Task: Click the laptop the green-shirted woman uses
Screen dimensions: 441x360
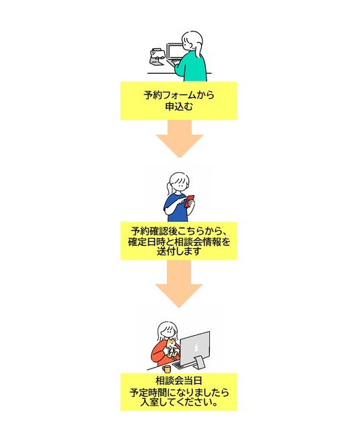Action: pyautogui.click(x=176, y=53)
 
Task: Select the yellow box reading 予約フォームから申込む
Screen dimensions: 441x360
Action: pyautogui.click(x=179, y=100)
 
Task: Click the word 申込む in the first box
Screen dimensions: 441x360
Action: pyautogui.click(x=179, y=106)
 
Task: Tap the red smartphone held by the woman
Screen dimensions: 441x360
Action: pyautogui.click(x=189, y=200)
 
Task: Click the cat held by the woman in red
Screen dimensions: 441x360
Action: pyautogui.click(x=172, y=351)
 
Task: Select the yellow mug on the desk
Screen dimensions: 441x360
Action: pyautogui.click(x=167, y=368)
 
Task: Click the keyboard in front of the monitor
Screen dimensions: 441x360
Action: pyautogui.click(x=182, y=366)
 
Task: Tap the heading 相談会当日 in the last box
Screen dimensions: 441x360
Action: pyautogui.click(x=178, y=382)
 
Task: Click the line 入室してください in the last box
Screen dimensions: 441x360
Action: pyautogui.click(x=179, y=403)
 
